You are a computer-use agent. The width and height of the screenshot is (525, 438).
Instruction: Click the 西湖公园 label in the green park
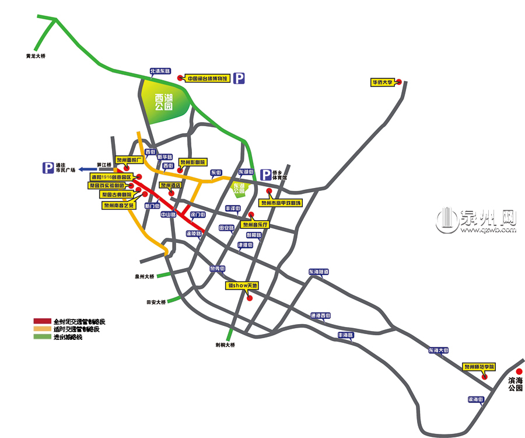coord(164,103)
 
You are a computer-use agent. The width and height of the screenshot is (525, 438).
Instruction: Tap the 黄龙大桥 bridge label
coord(36,56)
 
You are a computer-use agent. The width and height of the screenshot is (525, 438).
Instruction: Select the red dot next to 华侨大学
coord(400,82)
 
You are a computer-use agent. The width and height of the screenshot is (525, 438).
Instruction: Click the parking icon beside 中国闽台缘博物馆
coord(239,78)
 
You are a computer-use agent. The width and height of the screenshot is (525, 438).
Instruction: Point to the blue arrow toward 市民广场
coord(88,169)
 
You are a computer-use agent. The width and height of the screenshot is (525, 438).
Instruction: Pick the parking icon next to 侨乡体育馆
coord(266,175)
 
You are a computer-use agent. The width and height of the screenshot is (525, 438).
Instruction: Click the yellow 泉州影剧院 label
coord(192,163)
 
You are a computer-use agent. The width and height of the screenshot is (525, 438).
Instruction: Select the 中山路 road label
coord(169,214)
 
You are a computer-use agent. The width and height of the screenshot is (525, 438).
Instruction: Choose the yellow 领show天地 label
coord(242,286)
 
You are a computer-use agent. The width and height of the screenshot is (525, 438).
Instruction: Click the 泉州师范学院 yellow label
coord(480,367)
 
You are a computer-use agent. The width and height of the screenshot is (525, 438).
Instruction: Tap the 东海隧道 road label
coord(319,272)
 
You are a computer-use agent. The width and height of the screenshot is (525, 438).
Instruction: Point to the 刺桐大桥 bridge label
coord(225,345)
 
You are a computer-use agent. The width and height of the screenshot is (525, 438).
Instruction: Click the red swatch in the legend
coord(42,321)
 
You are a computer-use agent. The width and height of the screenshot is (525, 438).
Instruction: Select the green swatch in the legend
coord(42,336)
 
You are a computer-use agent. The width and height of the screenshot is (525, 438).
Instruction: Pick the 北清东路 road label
coord(160,71)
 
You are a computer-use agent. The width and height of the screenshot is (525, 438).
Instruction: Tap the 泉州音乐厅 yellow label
coord(256,224)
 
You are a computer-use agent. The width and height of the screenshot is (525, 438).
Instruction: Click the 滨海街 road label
coord(476,400)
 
